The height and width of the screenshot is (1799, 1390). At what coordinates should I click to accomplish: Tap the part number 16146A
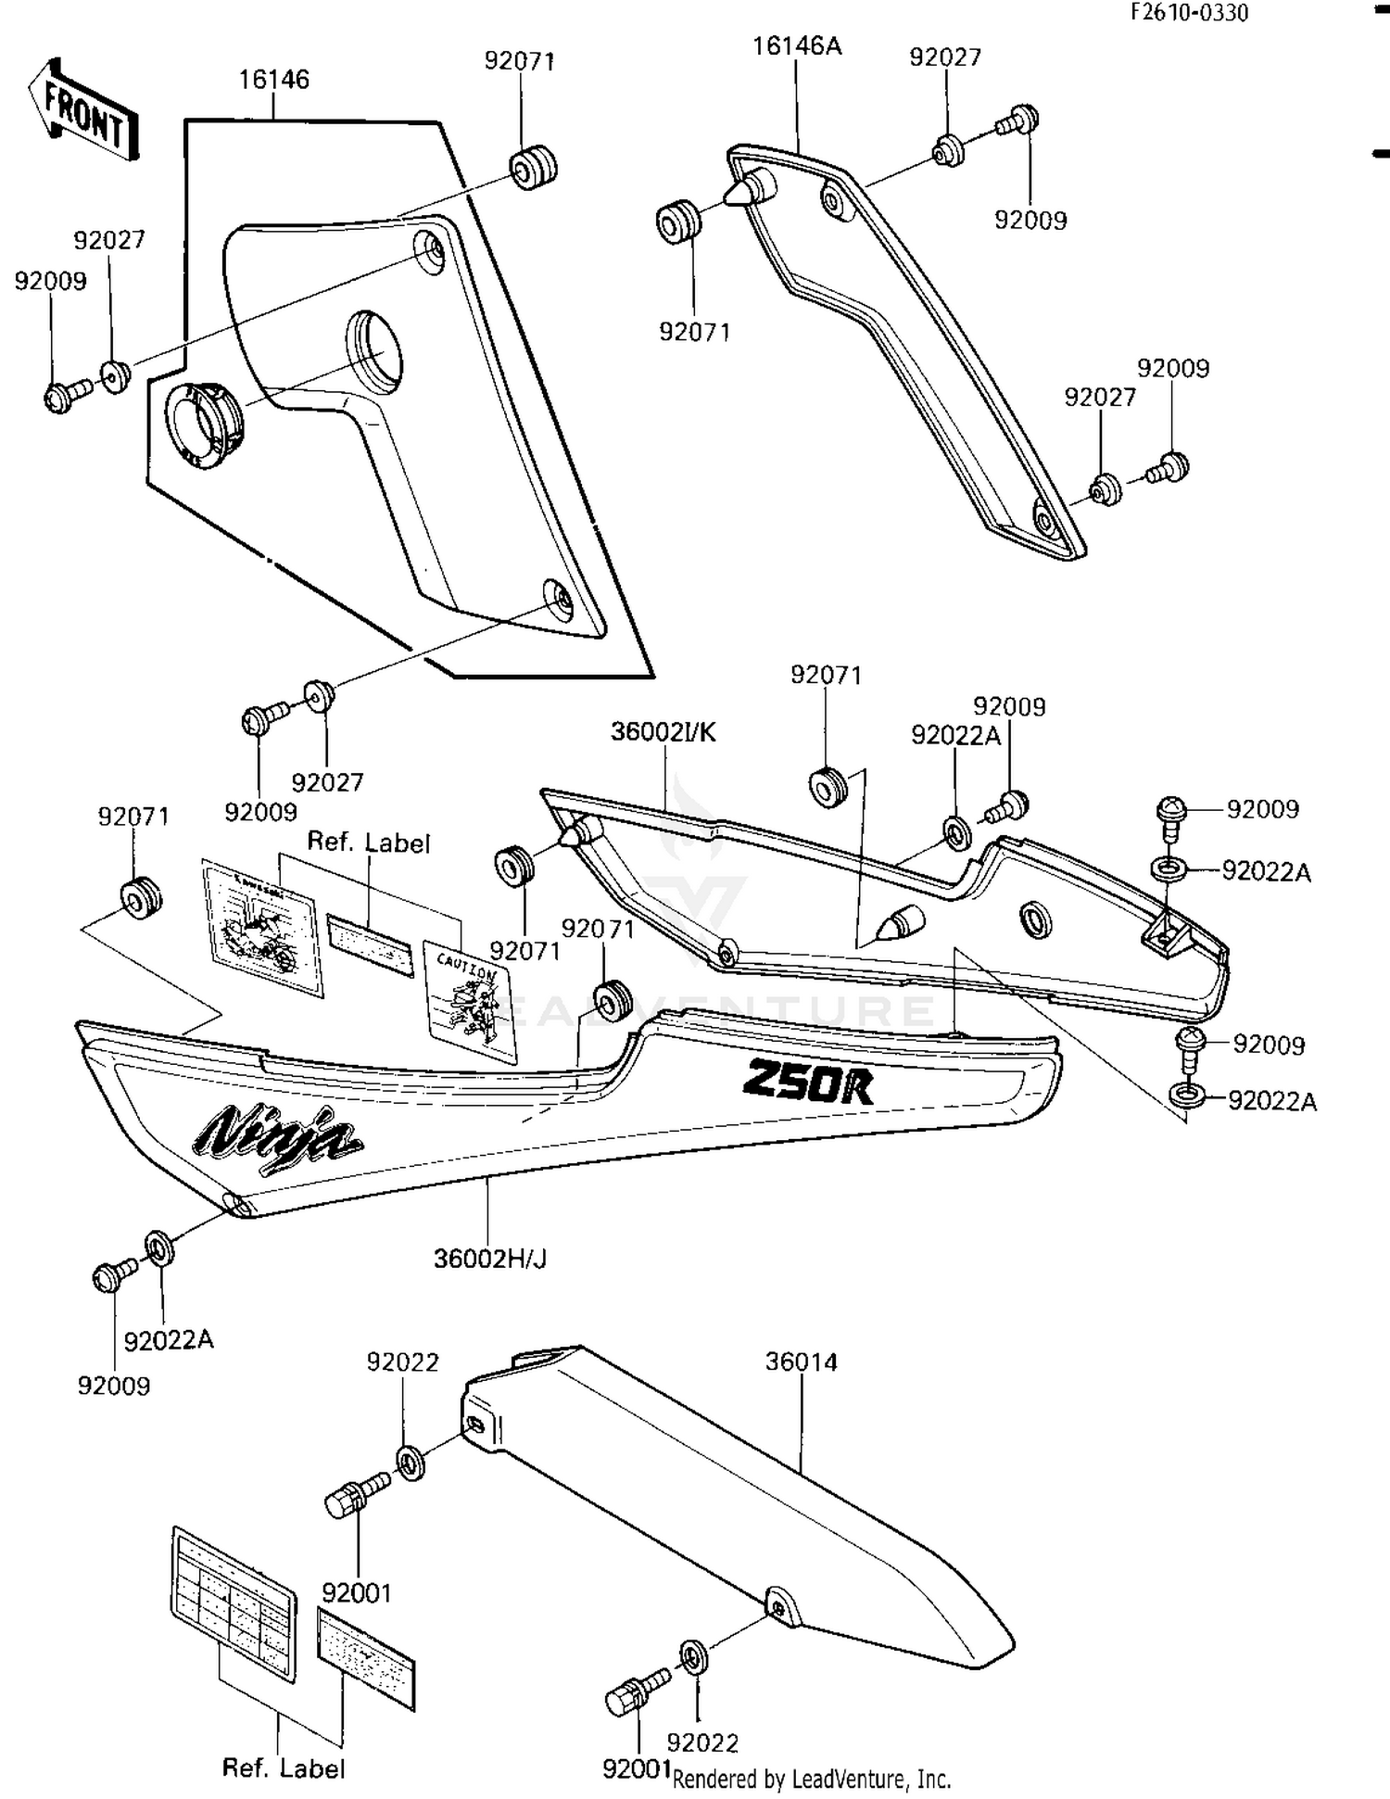pyautogui.click(x=796, y=46)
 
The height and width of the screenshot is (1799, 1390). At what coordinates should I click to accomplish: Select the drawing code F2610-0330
pyautogui.click(x=1189, y=12)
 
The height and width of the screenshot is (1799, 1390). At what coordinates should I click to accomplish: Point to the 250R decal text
pyautogui.click(x=807, y=1082)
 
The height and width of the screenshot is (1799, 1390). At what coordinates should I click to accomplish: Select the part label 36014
pyautogui.click(x=801, y=1362)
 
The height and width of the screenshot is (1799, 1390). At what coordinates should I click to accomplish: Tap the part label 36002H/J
pyautogui.click(x=490, y=1259)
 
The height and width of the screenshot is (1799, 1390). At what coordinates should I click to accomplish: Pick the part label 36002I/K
pyautogui.click(x=663, y=732)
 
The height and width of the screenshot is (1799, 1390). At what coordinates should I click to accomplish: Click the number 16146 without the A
pyautogui.click(x=273, y=80)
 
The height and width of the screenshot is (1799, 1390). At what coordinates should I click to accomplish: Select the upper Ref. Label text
pyautogui.click(x=368, y=842)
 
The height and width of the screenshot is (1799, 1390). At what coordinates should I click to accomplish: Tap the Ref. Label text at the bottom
pyautogui.click(x=283, y=1768)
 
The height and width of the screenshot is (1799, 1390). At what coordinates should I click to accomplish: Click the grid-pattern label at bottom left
pyautogui.click(x=234, y=1603)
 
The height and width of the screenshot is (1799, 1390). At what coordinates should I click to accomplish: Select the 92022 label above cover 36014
pyautogui.click(x=402, y=1362)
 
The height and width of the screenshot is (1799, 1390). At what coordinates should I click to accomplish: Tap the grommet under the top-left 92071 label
pyautogui.click(x=534, y=168)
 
